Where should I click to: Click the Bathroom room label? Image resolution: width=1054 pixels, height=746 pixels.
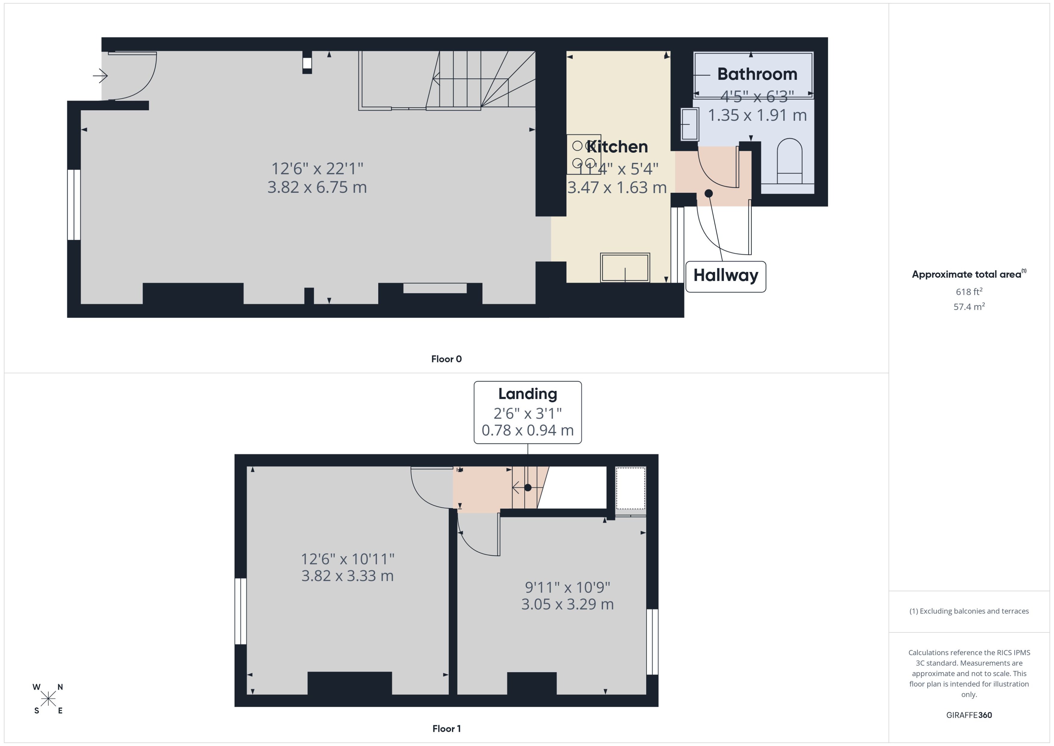click(757, 74)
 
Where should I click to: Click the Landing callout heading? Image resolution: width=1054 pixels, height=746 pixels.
click(527, 394)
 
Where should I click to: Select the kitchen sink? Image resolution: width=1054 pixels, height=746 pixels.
click(625, 267)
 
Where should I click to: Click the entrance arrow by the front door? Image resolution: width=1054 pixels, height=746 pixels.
click(100, 75)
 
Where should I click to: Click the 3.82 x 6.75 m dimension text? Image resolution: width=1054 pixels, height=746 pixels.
click(317, 187)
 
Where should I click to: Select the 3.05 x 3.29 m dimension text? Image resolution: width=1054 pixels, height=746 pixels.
click(567, 604)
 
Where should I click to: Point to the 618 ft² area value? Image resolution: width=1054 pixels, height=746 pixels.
click(968, 292)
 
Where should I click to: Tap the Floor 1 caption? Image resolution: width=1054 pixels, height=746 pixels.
click(446, 729)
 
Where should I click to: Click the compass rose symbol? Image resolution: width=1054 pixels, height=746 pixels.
click(48, 699)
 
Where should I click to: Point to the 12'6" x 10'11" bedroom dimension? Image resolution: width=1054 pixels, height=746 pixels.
click(347, 559)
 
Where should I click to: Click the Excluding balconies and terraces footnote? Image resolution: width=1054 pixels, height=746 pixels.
click(968, 611)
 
